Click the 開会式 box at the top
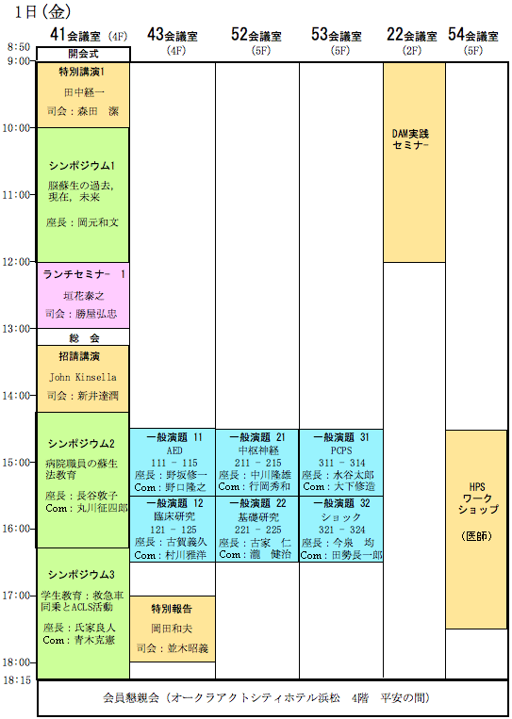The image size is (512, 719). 84,54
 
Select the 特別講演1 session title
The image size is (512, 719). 83,71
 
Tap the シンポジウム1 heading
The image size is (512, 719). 82,166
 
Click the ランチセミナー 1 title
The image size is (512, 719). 84,274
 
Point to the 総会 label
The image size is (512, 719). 85,338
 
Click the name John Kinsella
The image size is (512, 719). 83,377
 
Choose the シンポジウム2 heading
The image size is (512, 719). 81,444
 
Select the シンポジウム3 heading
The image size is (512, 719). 81,574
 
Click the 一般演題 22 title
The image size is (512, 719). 257,503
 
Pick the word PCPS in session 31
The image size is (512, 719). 341,449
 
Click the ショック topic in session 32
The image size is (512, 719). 341,516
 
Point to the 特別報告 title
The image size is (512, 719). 172,609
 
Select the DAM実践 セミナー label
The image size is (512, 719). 410,139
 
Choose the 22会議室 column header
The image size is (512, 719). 411,35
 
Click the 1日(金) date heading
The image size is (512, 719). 43,12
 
